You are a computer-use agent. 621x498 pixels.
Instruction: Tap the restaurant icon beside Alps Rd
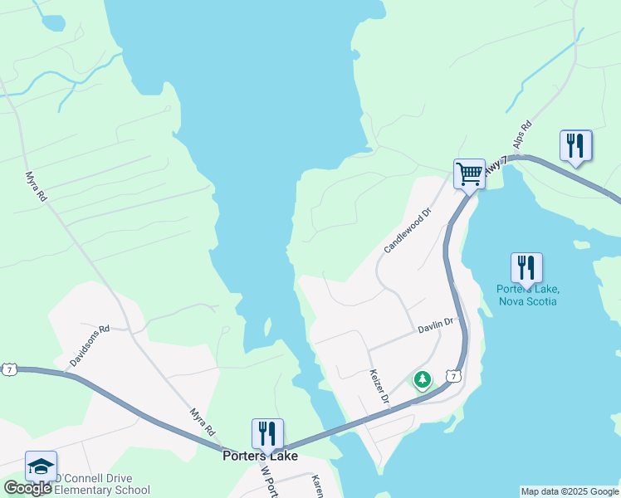pos(575,146)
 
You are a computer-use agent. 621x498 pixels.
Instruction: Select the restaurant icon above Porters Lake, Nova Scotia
pos(526,268)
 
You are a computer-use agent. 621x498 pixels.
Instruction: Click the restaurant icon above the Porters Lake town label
pos(267,434)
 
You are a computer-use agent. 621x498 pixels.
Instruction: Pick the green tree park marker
pos(423,380)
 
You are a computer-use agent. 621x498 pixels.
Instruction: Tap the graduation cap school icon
pos(41,466)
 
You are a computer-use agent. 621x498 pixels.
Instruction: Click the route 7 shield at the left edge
pos(8,369)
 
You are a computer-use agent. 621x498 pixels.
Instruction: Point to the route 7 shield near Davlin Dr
pos(453,376)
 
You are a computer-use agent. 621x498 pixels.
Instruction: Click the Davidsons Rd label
pos(90,346)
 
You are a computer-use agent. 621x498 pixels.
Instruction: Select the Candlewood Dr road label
pos(408,231)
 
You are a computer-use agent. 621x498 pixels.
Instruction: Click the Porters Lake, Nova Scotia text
pos(528,295)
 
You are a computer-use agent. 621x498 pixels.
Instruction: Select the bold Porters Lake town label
pos(260,455)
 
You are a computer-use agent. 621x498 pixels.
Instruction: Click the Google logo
pos(27,488)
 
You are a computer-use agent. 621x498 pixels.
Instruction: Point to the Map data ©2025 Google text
pos(569,491)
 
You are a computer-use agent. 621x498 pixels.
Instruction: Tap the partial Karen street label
pos(316,486)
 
